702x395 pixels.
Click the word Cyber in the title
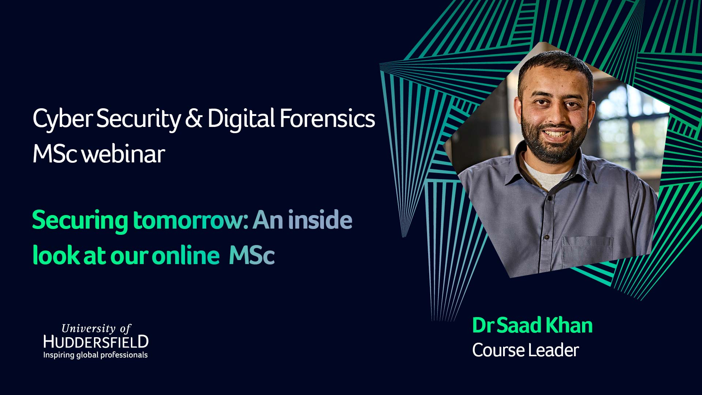[63, 119]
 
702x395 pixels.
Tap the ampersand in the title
[193, 118]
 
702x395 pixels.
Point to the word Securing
[80, 221]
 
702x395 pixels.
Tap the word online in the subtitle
[185, 255]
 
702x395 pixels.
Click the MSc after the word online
[252, 255]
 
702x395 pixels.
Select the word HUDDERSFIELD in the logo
[96, 342]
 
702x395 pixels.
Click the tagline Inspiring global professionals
[95, 355]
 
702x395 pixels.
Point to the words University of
[96, 328]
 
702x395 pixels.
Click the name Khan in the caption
[569, 325]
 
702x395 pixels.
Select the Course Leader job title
[525, 350]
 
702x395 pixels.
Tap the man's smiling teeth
[555, 133]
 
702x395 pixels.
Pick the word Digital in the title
[241, 119]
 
